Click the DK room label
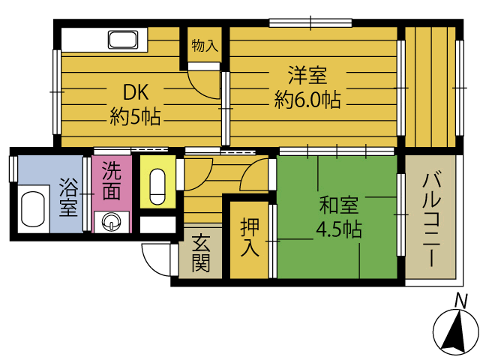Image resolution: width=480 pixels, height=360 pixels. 136,92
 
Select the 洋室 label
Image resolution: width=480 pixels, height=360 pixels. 307,76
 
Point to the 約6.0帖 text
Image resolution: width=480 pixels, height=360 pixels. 307,100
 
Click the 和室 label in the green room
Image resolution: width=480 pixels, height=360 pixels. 339,205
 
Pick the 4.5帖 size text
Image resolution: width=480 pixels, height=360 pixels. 339,229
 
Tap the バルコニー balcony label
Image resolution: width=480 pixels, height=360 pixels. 430,219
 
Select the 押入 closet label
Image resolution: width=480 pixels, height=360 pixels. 250,237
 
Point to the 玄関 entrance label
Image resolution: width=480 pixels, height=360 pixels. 200,253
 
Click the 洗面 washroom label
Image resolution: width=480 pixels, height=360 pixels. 111,181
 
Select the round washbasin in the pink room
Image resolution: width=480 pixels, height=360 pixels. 112,222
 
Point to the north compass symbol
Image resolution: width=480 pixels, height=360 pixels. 455,332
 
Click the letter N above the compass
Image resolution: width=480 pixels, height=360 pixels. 462,301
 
